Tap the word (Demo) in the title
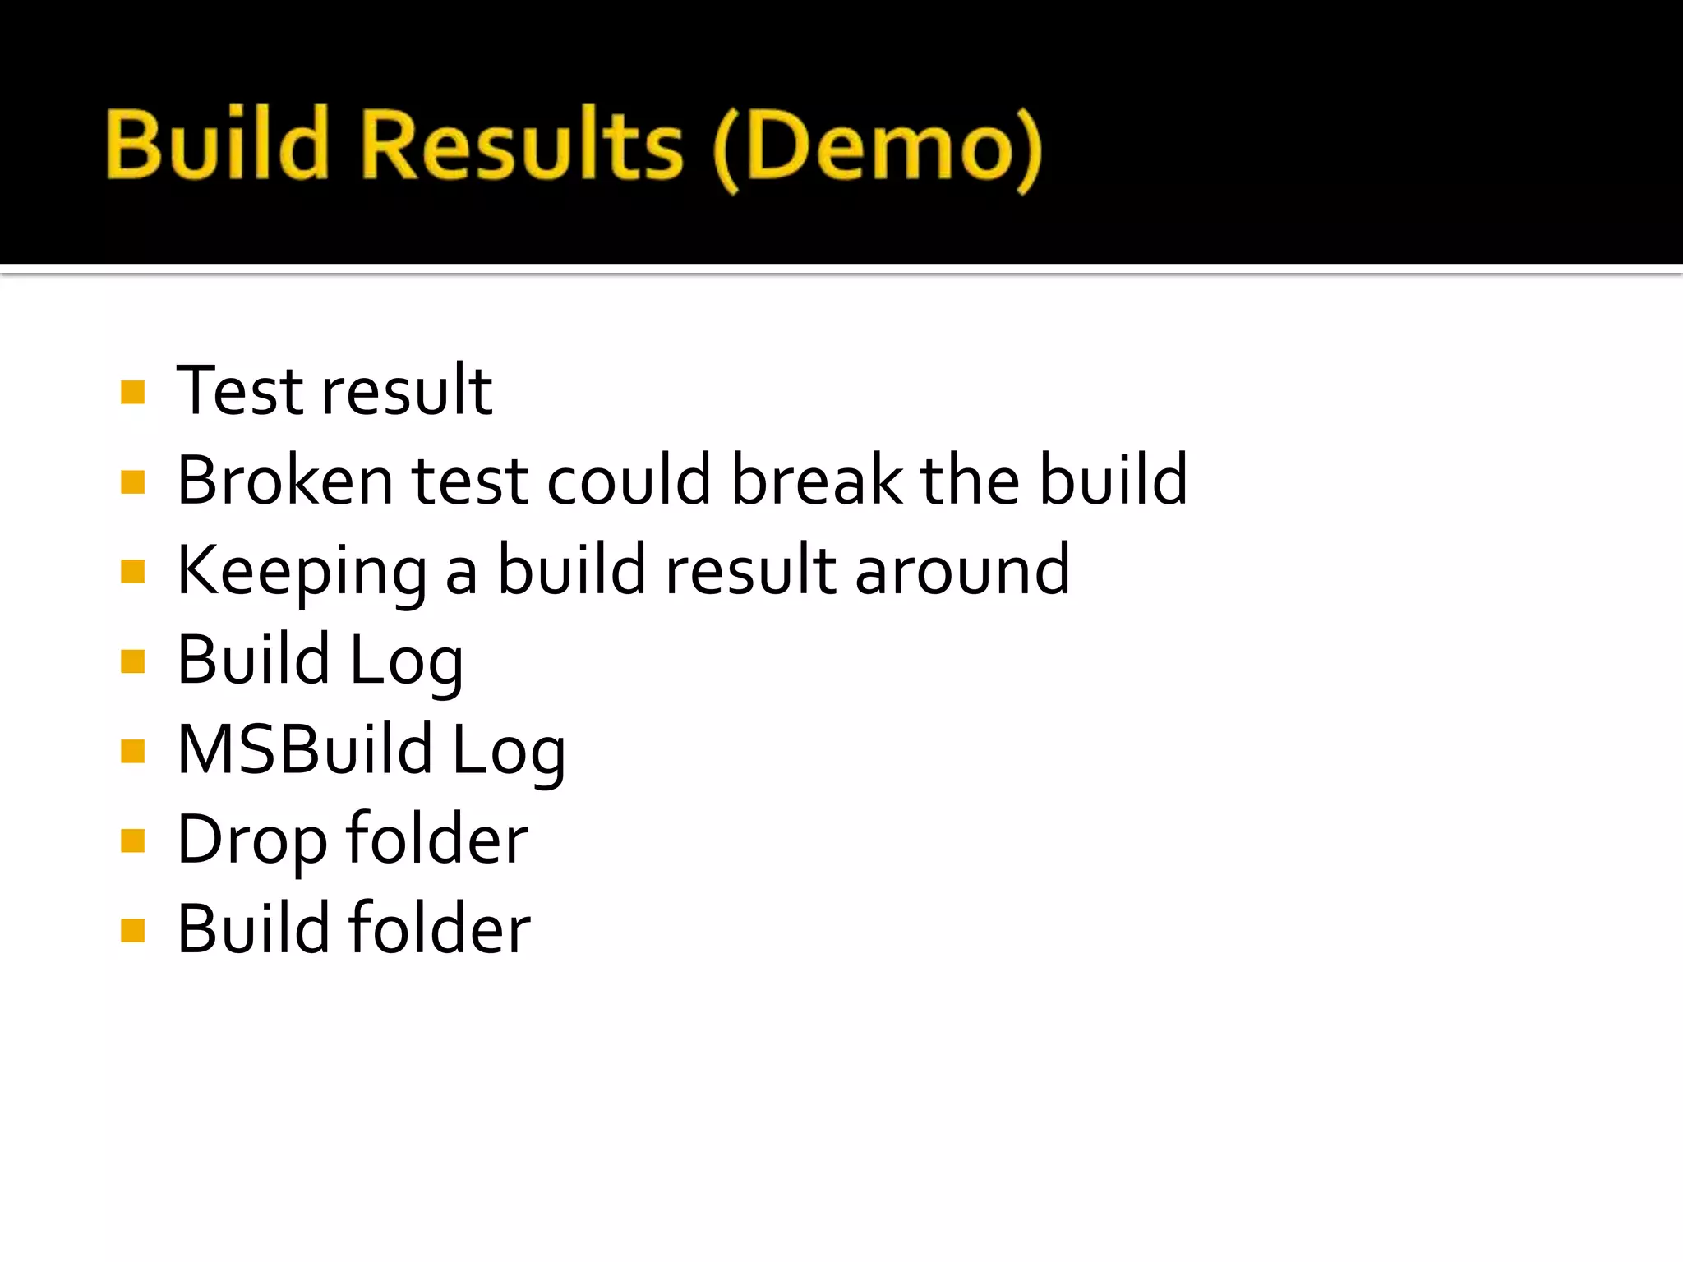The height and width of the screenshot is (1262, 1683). pyautogui.click(x=878, y=148)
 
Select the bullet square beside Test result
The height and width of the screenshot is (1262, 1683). pyautogui.click(x=132, y=392)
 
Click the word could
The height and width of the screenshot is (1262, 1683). pyautogui.click(x=629, y=480)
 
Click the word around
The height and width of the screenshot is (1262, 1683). pyautogui.click(x=962, y=570)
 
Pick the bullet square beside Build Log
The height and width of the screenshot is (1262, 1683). pyautogui.click(x=132, y=661)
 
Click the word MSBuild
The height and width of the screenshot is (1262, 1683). pyautogui.click(x=305, y=749)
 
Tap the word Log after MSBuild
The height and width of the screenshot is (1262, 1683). pyautogui.click(x=509, y=751)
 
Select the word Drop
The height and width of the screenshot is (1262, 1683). pyautogui.click(x=251, y=841)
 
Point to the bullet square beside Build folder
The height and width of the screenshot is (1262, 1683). pyautogui.click(x=132, y=931)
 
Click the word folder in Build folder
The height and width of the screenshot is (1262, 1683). pyautogui.click(x=439, y=928)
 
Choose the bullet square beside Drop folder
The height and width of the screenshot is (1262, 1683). pyautogui.click(x=132, y=841)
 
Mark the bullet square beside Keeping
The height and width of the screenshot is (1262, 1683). pyautogui.click(x=132, y=571)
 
